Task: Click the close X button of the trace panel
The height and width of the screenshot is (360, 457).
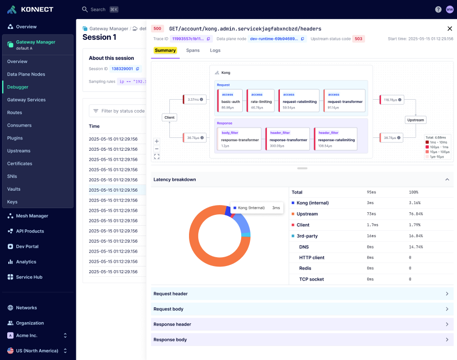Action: pyautogui.click(x=449, y=29)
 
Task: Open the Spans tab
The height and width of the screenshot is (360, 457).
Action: pyautogui.click(x=193, y=51)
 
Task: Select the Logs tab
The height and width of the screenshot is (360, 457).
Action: pyautogui.click(x=215, y=51)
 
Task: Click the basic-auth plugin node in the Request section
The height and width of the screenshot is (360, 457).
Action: pyautogui.click(x=230, y=101)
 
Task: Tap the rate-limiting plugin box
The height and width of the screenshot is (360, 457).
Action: pyautogui.click(x=261, y=101)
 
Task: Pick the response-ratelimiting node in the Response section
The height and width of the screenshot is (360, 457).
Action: pyautogui.click(x=336, y=139)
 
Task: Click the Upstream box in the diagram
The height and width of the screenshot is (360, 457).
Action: pyautogui.click(x=415, y=120)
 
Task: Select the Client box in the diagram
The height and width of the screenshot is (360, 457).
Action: pyautogui.click(x=169, y=117)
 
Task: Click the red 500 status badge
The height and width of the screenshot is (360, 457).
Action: pyautogui.click(x=157, y=29)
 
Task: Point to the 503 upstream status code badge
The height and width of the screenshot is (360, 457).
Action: pyautogui.click(x=358, y=39)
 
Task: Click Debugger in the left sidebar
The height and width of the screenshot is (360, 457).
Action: pyautogui.click(x=18, y=87)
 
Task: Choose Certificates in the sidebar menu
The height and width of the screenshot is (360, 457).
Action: pyautogui.click(x=20, y=163)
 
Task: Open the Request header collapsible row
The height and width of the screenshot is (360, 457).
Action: pyautogui.click(x=302, y=294)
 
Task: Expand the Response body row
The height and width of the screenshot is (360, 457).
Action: pyautogui.click(x=302, y=340)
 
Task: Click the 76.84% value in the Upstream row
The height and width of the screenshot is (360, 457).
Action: pyautogui.click(x=416, y=214)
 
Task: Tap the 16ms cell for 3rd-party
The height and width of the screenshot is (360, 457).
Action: pyautogui.click(x=370, y=236)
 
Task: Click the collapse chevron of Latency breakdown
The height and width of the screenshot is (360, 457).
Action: pyautogui.click(x=447, y=179)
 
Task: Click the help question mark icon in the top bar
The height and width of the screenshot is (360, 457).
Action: pyautogui.click(x=438, y=9)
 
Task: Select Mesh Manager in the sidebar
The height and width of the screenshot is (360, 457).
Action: pyautogui.click(x=32, y=216)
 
